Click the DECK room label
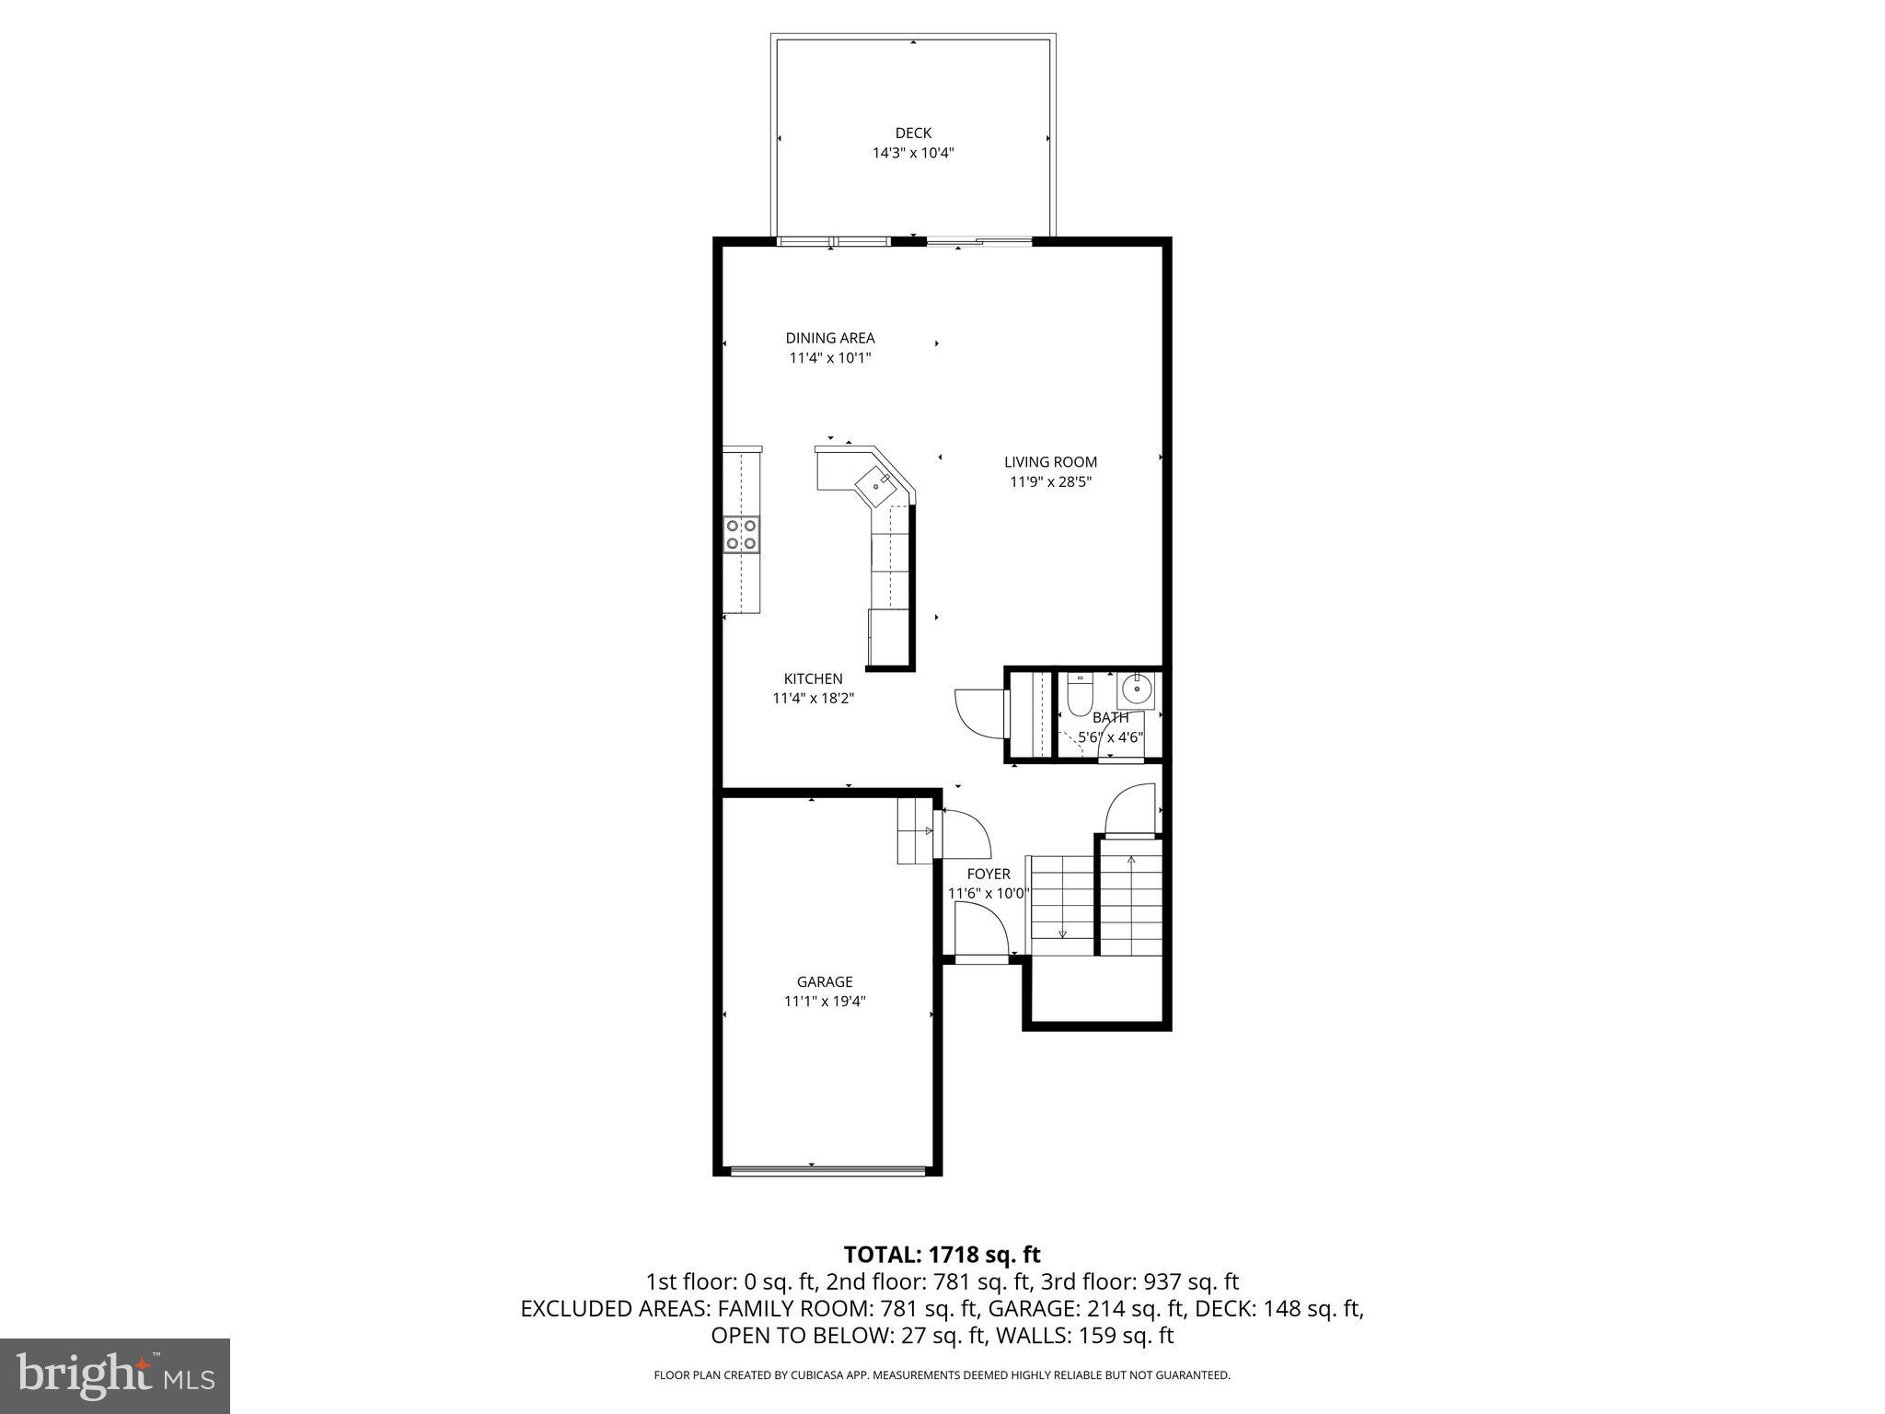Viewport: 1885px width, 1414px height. [913, 133]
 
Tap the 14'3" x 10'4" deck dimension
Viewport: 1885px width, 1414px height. [913, 153]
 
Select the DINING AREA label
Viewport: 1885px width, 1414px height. [829, 338]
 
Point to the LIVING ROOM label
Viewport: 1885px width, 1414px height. [1050, 462]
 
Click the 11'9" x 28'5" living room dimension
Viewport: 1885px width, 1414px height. [1050, 481]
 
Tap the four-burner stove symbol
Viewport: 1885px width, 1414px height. [741, 535]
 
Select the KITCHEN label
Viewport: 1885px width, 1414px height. [813, 678]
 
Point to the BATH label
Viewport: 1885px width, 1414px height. [1110, 717]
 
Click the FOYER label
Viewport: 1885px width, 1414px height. [989, 874]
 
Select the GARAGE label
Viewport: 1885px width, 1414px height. [825, 981]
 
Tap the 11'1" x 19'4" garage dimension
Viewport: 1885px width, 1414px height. [825, 1002]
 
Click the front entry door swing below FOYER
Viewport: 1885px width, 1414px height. [981, 930]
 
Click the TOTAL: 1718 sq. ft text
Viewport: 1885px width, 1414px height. [942, 1254]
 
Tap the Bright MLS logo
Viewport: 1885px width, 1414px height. [115, 1375]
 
